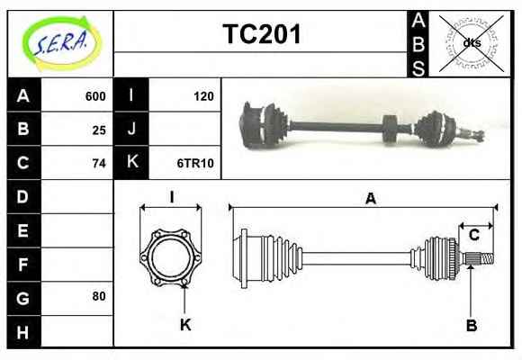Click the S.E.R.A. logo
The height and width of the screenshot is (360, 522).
point(61,43)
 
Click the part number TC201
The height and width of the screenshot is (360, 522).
point(262,34)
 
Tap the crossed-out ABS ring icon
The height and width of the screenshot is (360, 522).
point(471,43)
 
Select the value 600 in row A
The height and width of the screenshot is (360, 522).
point(95,96)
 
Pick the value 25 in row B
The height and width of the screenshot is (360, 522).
point(99,130)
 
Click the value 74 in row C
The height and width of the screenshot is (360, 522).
point(99,164)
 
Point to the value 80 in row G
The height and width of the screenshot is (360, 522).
point(99,296)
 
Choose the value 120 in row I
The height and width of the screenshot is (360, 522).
point(203,96)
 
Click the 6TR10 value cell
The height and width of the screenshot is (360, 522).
point(195,163)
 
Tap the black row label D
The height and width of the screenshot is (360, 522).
point(23,197)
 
